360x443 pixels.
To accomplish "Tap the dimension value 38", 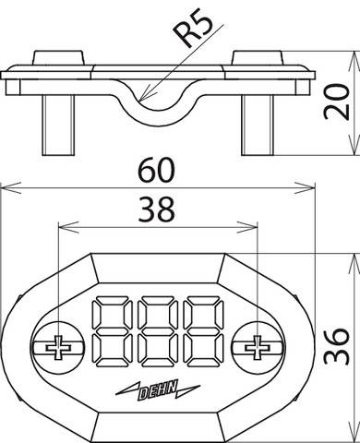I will [x=154, y=211].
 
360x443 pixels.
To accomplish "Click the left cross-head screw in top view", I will [x=57, y=348].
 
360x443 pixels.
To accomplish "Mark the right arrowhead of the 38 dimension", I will [x=253, y=224].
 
